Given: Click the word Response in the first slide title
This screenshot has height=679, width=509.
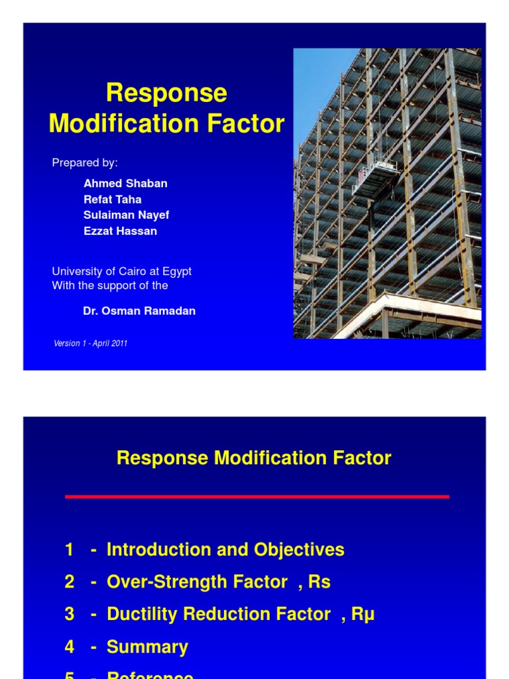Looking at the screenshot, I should [166, 93].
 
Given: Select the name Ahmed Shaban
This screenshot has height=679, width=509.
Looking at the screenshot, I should [125, 184].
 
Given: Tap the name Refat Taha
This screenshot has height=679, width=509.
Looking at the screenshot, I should [112, 200].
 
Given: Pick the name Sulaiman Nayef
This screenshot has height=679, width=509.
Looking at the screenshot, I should [126, 216].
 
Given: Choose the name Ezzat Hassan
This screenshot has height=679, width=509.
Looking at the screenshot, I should [120, 231].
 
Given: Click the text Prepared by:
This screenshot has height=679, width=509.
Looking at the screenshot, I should [85, 162].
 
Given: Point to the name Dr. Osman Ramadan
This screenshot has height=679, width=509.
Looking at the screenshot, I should [139, 311].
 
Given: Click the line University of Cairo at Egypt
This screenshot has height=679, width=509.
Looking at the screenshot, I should [121, 272].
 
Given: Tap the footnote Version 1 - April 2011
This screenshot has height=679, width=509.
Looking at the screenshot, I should [90, 343].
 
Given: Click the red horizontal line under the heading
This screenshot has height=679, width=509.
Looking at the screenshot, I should [256, 496].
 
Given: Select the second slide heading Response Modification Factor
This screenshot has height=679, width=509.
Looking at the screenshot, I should [254, 458].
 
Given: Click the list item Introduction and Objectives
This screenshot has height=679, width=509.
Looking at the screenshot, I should [225, 550].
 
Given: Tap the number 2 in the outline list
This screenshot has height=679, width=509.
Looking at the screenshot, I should [70, 582].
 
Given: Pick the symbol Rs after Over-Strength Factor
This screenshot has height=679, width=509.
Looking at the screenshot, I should [319, 582].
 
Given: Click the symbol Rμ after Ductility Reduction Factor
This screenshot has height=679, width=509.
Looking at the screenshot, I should [363, 615].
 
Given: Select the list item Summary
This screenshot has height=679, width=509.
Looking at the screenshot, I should [147, 647].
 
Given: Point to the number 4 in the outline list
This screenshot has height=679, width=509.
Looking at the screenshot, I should [70, 647].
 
